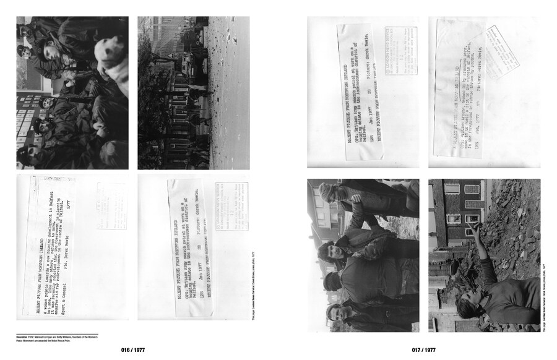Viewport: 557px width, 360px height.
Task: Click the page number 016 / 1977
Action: [x=134, y=350]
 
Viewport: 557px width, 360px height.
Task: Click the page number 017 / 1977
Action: [x=423, y=350]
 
